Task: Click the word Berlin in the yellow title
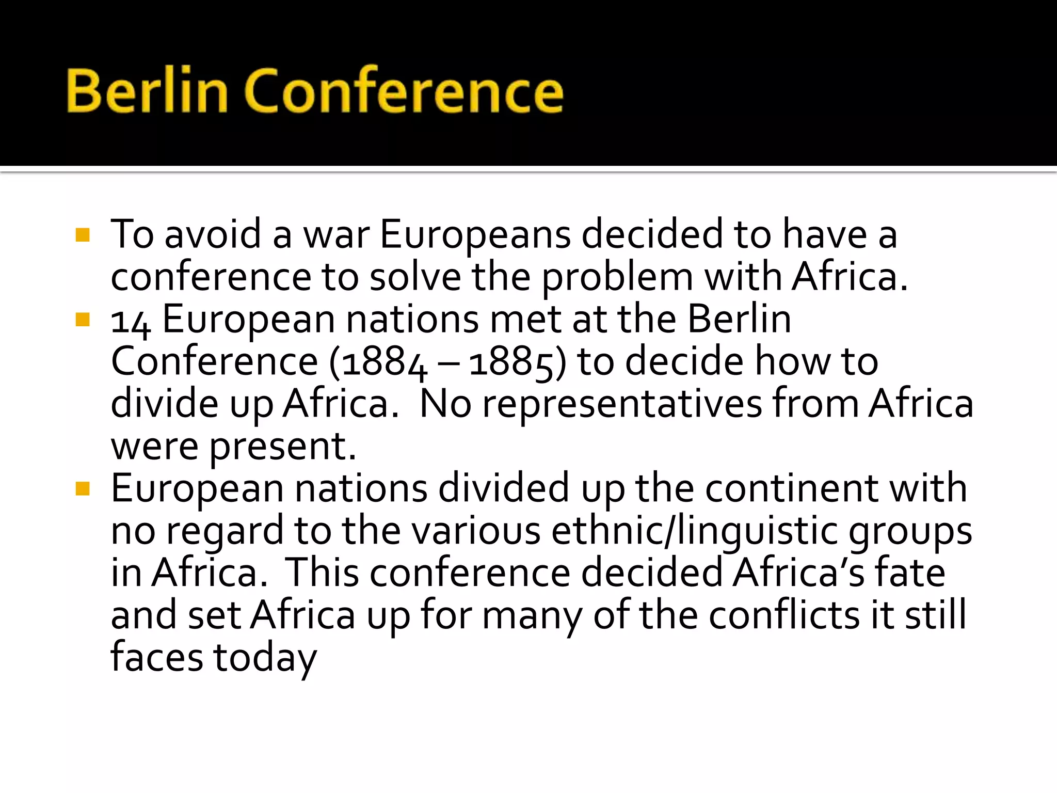point(147,91)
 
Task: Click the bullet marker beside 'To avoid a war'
point(83,235)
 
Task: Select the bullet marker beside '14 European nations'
point(83,320)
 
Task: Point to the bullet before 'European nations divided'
point(83,488)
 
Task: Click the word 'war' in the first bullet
point(336,235)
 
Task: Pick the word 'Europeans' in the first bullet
point(475,235)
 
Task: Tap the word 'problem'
point(617,278)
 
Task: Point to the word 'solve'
point(415,278)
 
